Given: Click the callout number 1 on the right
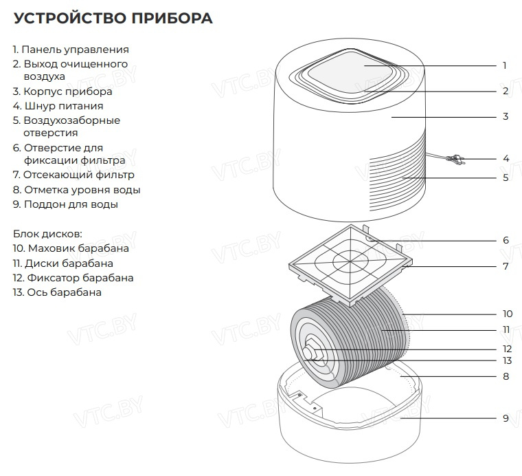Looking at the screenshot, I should point(505,66).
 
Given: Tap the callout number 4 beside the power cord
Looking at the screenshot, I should point(506,158).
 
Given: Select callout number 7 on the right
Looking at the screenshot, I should point(506,266).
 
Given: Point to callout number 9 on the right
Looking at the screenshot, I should point(506,418).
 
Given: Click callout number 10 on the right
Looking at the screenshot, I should point(507,314).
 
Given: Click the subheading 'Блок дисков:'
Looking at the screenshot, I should point(47,234).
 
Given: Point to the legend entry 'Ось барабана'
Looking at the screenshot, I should point(57,292).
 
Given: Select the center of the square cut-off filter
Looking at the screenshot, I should point(350,262).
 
